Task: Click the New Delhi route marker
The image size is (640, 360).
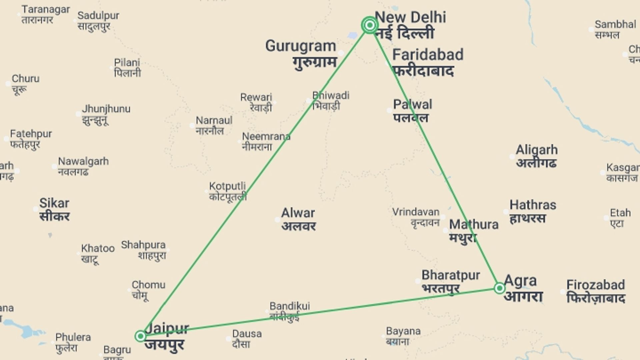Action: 369,25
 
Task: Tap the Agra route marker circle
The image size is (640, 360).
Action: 499,288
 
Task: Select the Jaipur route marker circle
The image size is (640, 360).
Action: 140,336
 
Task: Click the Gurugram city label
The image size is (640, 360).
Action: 300,46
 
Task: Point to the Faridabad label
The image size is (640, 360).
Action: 428,55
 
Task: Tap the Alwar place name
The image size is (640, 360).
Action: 298,213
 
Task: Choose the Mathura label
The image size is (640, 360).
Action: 473,225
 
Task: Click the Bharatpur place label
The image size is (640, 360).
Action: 451,275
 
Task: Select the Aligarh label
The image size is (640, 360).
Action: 536,150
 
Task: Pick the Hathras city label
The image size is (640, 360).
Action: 533,205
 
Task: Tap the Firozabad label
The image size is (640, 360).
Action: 595,285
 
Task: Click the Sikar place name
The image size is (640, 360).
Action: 54,203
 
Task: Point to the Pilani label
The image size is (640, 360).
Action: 127,63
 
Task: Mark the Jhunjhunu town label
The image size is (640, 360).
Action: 106,109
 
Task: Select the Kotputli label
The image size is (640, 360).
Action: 227,186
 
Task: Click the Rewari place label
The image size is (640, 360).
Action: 256,97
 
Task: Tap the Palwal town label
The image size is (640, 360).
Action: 412,105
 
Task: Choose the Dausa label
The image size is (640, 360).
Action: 247,334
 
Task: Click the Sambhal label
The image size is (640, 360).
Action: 615,24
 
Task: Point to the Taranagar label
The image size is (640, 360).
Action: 46,9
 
